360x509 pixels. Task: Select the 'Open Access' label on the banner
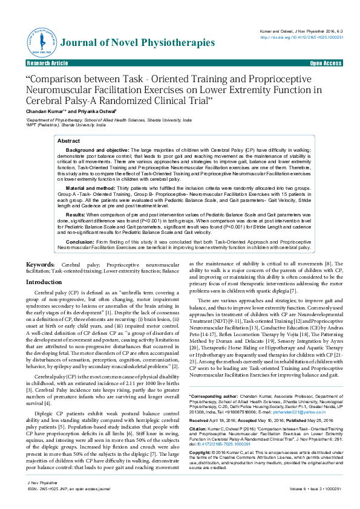tap(326, 63)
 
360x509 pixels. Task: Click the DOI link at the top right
tap(301, 37)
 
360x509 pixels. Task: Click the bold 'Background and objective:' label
tap(96, 149)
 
